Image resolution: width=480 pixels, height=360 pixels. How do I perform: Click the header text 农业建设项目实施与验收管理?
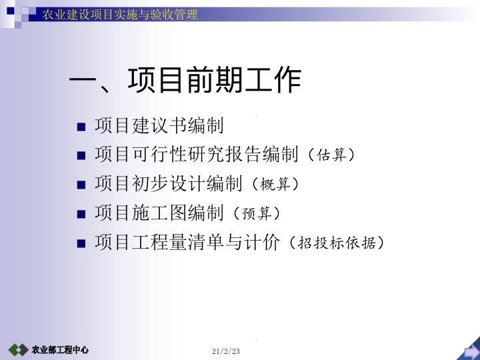point(120,14)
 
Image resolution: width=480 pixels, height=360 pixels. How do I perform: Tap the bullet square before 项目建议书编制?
point(81,126)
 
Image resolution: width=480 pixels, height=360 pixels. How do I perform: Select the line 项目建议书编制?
point(159,125)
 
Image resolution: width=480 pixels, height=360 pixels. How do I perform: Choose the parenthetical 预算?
point(257,213)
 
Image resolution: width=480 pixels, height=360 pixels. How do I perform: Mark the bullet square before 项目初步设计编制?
point(81,185)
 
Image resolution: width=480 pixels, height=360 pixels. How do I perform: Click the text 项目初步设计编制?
point(169,184)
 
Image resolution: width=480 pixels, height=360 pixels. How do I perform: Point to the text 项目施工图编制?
point(159,213)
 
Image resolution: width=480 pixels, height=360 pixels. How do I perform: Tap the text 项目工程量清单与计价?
point(187,243)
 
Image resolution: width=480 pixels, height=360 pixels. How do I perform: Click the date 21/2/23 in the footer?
point(225,351)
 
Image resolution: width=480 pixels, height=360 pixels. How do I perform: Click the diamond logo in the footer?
point(18,350)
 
